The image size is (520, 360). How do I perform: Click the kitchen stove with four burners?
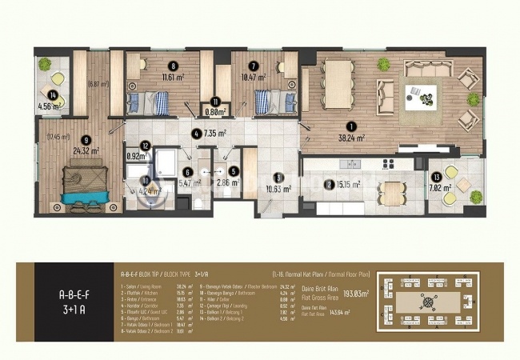coord(390,163)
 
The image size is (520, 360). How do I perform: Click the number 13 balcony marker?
coord(437,177)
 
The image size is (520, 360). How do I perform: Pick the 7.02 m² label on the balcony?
coord(442,189)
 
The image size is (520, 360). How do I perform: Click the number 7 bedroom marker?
coord(253,67)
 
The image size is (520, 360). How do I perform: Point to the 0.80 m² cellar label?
coord(214,111)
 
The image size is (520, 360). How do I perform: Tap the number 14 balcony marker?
coord(52,96)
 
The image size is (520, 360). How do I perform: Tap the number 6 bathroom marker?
coord(186,170)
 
